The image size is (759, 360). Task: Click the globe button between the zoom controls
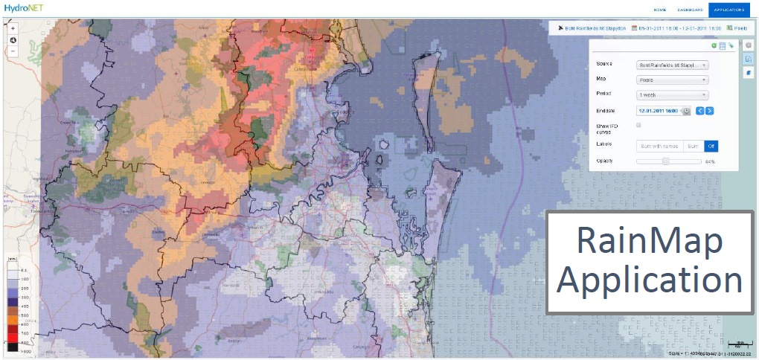(x=13, y=40)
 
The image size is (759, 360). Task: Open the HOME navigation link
(x=659, y=10)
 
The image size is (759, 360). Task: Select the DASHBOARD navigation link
(x=689, y=10)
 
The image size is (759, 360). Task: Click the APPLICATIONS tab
(x=729, y=10)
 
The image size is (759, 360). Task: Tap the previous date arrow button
(x=699, y=111)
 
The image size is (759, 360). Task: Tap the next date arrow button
(x=710, y=111)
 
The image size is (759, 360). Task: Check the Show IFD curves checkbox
(x=638, y=126)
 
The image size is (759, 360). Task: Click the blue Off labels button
(x=711, y=147)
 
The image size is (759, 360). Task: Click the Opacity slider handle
(x=666, y=161)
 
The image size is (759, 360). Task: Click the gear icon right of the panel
(x=749, y=45)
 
